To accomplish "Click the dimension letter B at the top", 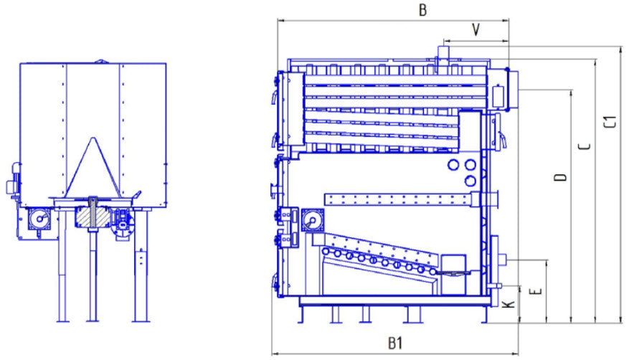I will (x=423, y=9).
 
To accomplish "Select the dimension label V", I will (x=476, y=29).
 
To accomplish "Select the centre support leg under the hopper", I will (x=93, y=280).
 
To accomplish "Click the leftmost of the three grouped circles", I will (x=453, y=165).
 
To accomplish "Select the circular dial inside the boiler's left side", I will (x=312, y=220).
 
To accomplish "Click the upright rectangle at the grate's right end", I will (x=453, y=274).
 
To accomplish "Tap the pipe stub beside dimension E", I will (x=505, y=258).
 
